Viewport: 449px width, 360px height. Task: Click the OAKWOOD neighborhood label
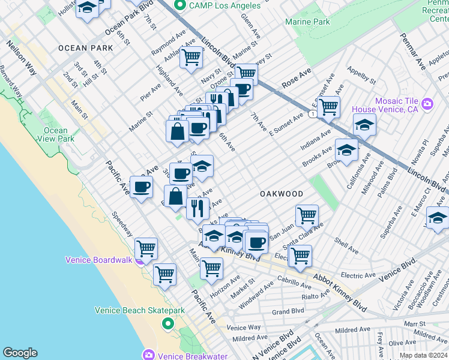pos(280,194)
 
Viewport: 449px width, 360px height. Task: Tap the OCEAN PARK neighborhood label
pos(85,47)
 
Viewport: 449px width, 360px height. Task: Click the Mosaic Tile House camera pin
pos(427,104)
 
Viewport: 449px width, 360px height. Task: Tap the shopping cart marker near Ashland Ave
pos(191,58)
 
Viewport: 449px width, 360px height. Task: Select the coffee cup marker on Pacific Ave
pos(142,187)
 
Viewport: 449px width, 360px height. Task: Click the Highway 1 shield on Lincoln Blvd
pos(312,113)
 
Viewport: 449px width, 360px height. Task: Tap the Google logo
pos(20,353)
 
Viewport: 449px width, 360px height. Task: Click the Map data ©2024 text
pos(424,355)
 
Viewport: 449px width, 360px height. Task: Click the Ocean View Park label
pos(55,134)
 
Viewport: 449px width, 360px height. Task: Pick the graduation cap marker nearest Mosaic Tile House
pos(364,125)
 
